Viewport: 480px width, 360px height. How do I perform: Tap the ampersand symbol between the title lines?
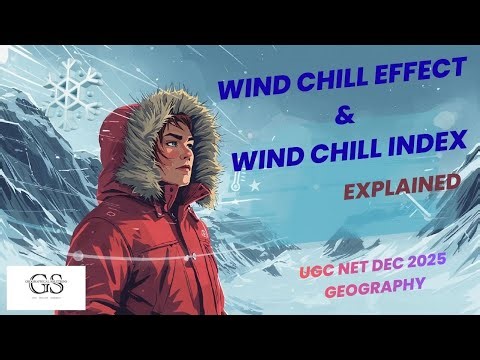(345, 116)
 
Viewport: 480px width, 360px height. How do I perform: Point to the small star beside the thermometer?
(255, 185)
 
